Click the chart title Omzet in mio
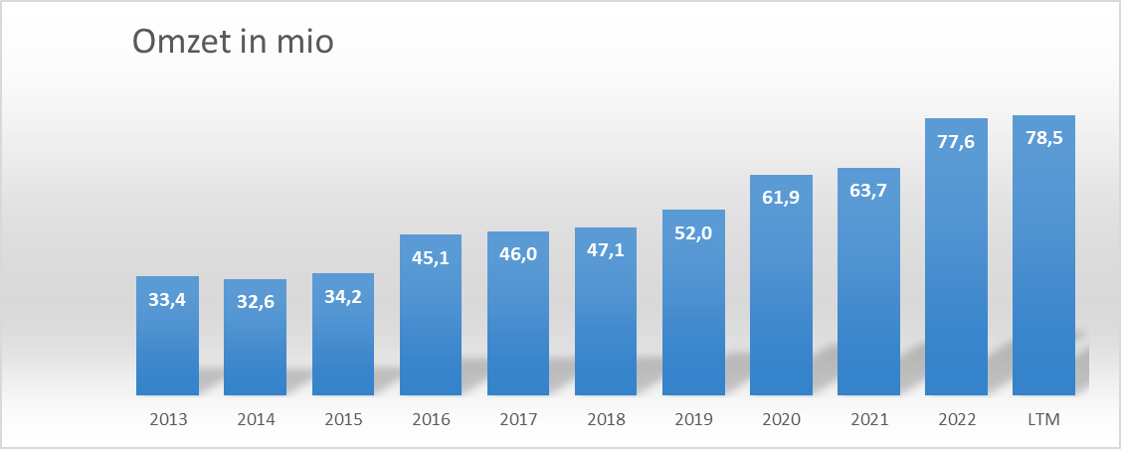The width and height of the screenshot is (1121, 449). point(233,44)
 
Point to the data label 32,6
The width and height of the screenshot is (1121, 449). point(255,301)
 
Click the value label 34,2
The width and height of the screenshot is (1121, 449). point(343,296)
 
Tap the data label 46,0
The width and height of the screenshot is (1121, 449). point(518,253)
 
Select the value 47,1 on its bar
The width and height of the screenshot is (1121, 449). point(606,249)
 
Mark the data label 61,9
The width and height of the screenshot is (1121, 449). point(781,197)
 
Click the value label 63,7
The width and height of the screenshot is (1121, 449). point(868,190)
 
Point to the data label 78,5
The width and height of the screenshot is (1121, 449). point(1043,137)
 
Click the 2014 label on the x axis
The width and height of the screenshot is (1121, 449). point(255,419)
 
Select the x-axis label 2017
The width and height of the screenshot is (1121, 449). point(518,419)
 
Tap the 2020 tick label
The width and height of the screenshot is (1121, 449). point(781,419)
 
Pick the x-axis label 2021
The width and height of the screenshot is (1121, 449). point(868,419)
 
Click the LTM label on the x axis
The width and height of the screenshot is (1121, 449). point(1043,419)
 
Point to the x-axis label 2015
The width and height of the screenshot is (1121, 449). point(343,419)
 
